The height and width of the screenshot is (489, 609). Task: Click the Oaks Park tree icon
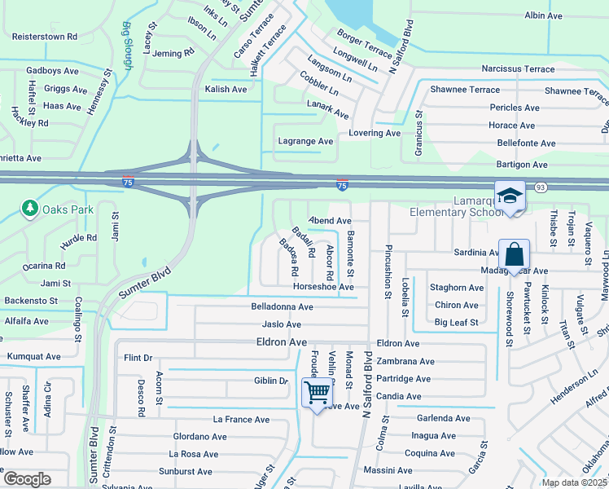[x=30, y=209]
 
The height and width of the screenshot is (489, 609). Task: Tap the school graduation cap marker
[x=510, y=196]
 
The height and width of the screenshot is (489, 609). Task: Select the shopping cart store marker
[x=317, y=392]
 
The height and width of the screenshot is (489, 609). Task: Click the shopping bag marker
[x=515, y=254]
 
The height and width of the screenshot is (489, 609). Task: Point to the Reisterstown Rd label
[x=45, y=37]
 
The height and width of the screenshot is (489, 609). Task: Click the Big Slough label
[x=127, y=38]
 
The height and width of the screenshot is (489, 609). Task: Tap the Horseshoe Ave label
[x=323, y=287]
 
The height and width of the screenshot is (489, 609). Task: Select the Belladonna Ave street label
[x=283, y=307]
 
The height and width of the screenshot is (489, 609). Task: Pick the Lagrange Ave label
[x=306, y=141]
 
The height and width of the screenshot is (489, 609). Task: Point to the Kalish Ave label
[x=226, y=89]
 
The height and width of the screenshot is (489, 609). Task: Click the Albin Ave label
[x=544, y=15]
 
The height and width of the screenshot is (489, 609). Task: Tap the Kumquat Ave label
[x=34, y=356]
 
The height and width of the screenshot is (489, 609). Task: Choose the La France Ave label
[x=241, y=420]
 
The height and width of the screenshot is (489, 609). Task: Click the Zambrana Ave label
[x=405, y=361]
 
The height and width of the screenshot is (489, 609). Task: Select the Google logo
[x=26, y=478]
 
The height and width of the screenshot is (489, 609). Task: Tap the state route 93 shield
[x=541, y=187]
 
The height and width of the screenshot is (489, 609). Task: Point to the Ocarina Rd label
[x=44, y=266]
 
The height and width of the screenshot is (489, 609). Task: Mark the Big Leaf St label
[x=456, y=323]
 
